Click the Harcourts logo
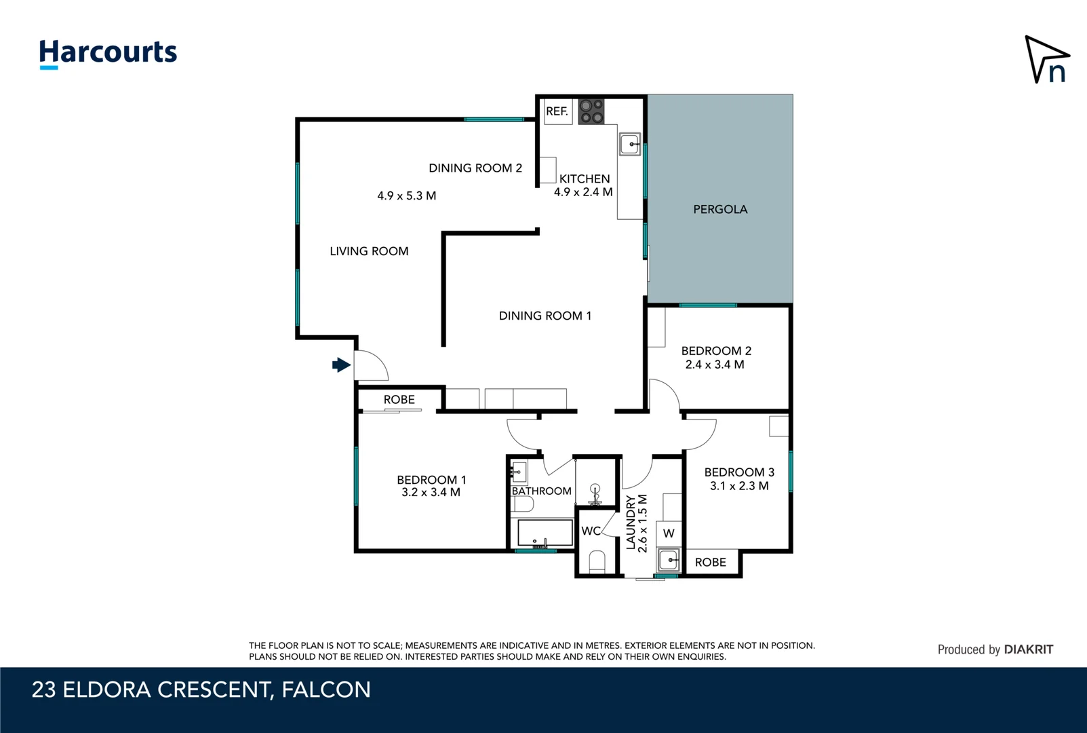coord(108,53)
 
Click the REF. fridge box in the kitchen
coord(557,111)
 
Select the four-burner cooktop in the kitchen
coord(591,112)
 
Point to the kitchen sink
coord(630,145)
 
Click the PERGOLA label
coord(720,210)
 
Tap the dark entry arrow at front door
coord(341,365)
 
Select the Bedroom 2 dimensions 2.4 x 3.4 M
coord(715,364)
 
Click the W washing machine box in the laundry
coord(669,533)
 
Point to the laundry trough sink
coord(669,560)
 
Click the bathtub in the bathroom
coord(545,533)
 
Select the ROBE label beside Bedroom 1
coord(399,400)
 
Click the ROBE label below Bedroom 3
coord(710,563)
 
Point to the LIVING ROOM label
coord(369,251)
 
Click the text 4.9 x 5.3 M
coord(406,196)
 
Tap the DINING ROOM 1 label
coord(545,316)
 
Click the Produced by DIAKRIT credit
coord(995,650)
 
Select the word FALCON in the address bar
coord(326,690)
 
